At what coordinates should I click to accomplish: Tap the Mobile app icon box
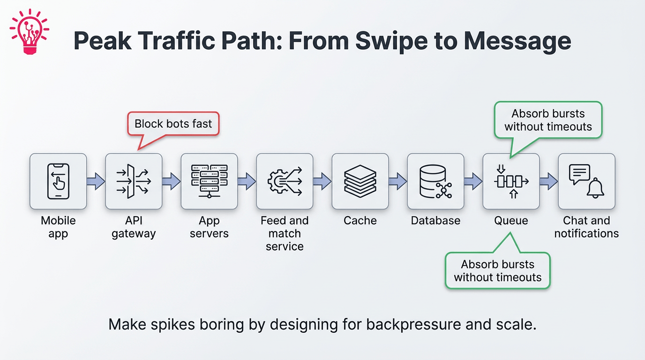coord(58,181)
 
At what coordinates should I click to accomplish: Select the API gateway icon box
coord(134,181)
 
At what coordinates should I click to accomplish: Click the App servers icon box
coord(209,181)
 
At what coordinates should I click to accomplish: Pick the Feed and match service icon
coord(285,181)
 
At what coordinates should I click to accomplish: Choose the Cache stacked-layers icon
coord(360,181)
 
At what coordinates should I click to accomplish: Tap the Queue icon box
coord(511,181)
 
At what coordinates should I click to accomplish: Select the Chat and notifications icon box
coord(586,181)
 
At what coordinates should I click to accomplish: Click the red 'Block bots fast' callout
coord(173,124)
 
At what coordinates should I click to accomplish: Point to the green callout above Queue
coord(548,120)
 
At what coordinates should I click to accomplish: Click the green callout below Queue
coord(497,271)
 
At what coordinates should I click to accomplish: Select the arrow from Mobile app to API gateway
coord(96,181)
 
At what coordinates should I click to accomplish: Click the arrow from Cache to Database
coord(398,181)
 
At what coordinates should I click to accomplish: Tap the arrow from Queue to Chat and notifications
coord(549,181)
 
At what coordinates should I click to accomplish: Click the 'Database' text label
coord(435,220)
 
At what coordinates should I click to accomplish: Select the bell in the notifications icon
coord(595,188)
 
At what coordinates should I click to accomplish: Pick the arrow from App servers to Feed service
coord(247,181)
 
